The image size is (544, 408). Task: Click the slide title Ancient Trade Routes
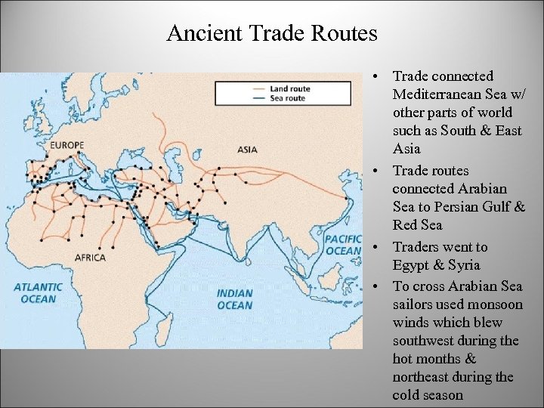click(271, 34)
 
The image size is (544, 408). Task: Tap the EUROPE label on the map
click(67, 145)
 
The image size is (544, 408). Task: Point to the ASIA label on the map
click(247, 150)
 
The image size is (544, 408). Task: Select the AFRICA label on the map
click(90, 258)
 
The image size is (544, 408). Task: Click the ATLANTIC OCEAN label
click(38, 292)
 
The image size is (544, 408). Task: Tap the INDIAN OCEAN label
click(234, 299)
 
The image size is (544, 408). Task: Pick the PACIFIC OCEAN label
click(343, 245)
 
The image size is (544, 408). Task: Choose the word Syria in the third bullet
click(462, 265)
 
